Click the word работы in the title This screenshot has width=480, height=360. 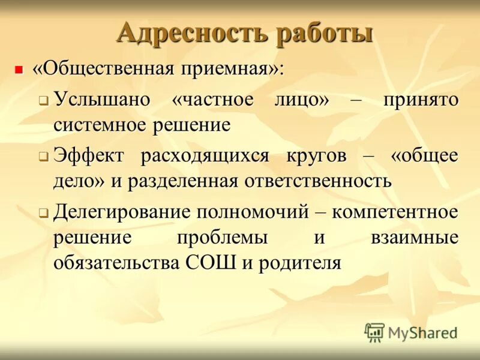point(324,33)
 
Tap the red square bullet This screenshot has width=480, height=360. point(19,70)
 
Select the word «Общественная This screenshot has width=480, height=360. point(102,68)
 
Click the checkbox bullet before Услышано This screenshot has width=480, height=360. point(43,101)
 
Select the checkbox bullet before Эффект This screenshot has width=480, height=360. point(43,157)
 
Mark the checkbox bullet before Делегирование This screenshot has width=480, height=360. point(43,213)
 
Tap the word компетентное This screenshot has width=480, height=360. point(395,211)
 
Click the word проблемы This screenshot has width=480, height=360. point(222,237)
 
